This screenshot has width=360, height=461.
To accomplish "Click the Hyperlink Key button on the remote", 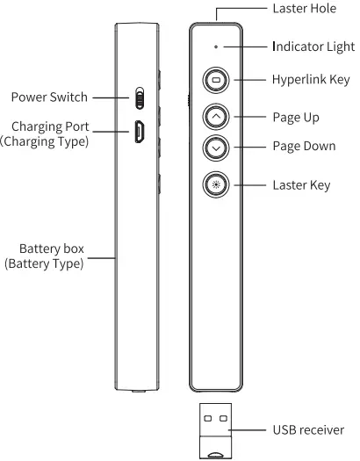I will click(x=216, y=80).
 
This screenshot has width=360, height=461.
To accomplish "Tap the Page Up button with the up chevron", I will click(x=216, y=114).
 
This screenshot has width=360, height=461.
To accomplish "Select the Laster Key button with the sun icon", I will click(x=216, y=184).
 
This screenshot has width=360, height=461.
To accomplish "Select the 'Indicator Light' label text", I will click(x=313, y=45).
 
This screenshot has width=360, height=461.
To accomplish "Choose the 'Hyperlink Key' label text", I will click(x=310, y=80).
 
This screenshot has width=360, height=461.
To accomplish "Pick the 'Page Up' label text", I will click(x=296, y=116).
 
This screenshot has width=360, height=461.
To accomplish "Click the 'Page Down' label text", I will click(x=304, y=146).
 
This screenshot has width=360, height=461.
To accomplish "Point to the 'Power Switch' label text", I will click(x=49, y=97).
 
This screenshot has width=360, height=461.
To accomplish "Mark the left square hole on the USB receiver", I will click(x=208, y=419).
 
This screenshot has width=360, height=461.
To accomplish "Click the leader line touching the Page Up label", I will click(x=250, y=115).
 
